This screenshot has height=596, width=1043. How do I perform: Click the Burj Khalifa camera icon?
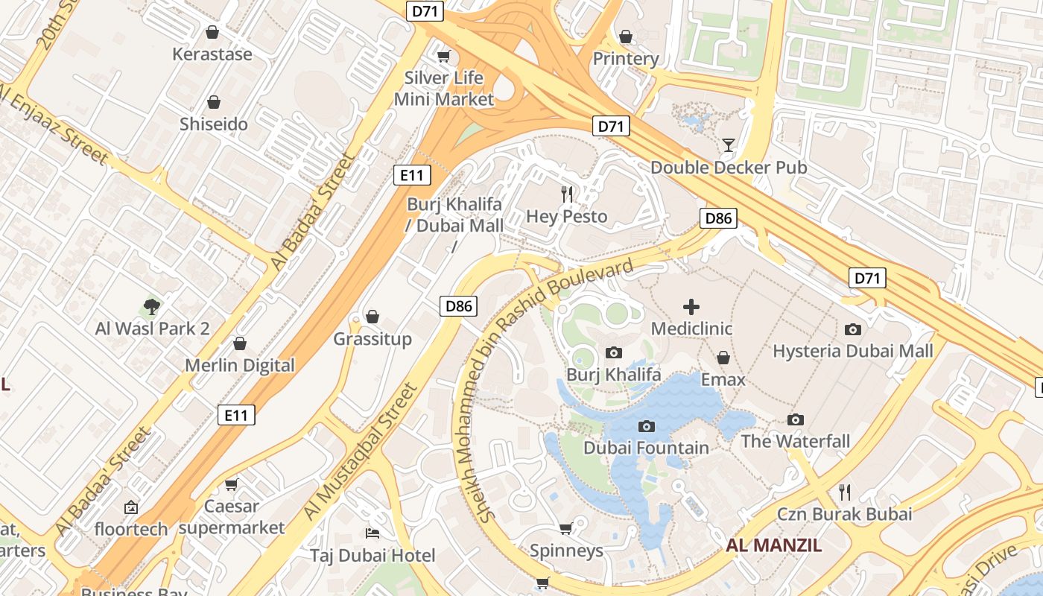614,352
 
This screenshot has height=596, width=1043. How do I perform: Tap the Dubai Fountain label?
646,448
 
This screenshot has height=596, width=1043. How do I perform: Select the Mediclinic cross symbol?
691,306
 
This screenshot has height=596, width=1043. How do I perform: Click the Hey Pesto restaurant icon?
568,194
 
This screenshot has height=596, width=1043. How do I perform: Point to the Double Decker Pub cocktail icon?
729,145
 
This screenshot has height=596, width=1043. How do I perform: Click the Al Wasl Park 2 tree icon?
152,306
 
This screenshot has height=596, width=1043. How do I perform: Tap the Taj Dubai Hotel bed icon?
372,533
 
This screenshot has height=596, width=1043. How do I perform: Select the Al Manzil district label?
774,545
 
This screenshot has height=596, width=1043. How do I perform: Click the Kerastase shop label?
212,54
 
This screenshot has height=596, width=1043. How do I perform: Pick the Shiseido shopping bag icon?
214,102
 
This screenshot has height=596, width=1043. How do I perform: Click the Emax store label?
723,380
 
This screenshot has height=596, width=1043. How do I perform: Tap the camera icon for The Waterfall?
796,419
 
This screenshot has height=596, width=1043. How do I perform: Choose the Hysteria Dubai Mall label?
853,351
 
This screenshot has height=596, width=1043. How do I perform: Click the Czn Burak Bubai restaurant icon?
844,492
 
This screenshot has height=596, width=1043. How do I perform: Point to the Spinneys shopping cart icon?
565,529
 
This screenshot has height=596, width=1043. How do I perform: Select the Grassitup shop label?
372,340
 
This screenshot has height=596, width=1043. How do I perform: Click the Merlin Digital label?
240,366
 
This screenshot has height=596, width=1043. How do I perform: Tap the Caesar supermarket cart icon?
232,484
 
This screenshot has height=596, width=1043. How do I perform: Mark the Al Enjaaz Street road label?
54,123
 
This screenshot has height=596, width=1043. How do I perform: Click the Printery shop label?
626,59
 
